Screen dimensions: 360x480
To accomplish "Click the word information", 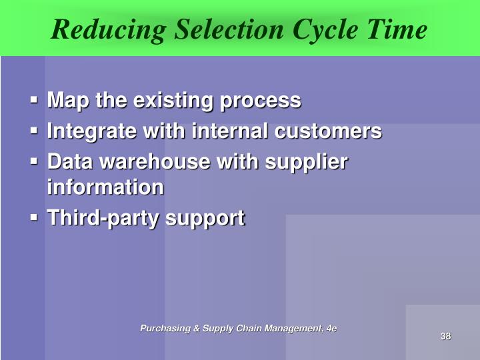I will coord(105,187).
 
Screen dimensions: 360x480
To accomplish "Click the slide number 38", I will coord(446,336).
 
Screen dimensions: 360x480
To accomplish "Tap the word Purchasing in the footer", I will coord(163,328).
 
